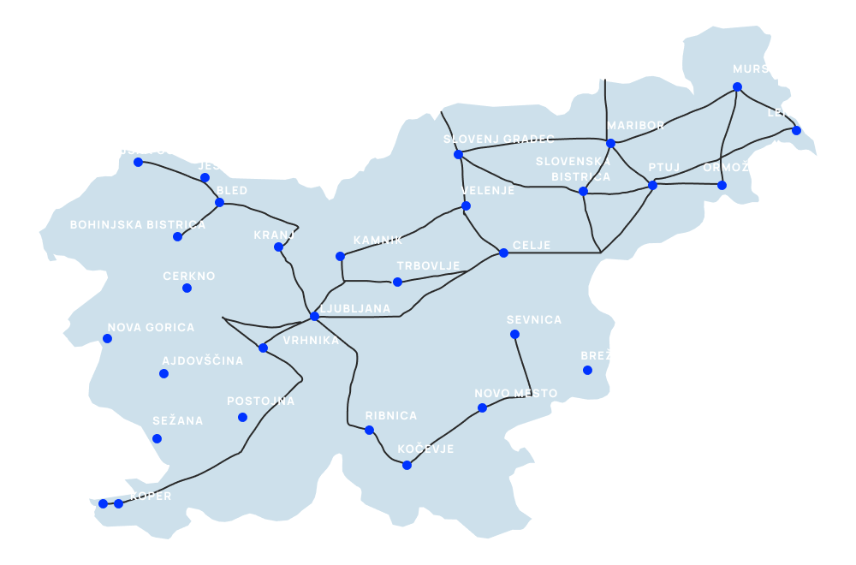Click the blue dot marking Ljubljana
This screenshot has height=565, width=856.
pos(314,316)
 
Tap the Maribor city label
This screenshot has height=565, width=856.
pos(635,126)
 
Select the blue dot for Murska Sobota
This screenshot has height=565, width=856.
pos(737,86)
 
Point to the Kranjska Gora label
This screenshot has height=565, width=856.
pos(139,151)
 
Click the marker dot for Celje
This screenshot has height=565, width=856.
pos(503,253)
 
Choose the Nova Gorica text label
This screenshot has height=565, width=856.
pos(151,328)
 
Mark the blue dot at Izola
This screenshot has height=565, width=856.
pos(103,503)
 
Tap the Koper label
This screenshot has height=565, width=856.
pos(151,497)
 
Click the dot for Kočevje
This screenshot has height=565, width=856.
pos(407,465)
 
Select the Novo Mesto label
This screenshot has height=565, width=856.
pos(515,394)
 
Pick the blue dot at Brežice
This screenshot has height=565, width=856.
pos(587,370)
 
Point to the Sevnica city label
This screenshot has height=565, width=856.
pos(534,320)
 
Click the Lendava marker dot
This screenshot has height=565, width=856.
pos(796,130)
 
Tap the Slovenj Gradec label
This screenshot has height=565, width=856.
pos(499,139)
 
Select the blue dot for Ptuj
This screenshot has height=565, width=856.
pos(652,185)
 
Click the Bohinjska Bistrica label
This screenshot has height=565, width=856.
pos(138,225)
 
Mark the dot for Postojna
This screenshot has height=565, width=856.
pos(242,417)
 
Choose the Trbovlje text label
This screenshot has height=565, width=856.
pos(428,266)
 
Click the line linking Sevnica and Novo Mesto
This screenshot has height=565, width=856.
pos(523,364)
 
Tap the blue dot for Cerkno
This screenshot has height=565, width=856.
pos(187,288)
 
